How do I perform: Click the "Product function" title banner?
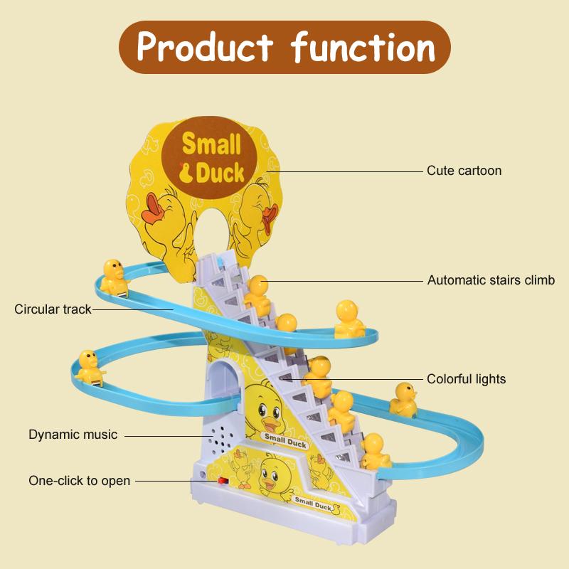coord(284,46)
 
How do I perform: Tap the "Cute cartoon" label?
coord(464,171)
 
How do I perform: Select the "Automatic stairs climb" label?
coord(491,280)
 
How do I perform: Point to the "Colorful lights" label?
coord(466,379)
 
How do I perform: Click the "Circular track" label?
coord(53,309)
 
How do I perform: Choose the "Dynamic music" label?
coord(73,434)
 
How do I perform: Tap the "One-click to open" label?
coord(79,480)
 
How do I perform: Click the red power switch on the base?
coord(223,482)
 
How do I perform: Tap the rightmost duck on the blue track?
coord(403,398)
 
